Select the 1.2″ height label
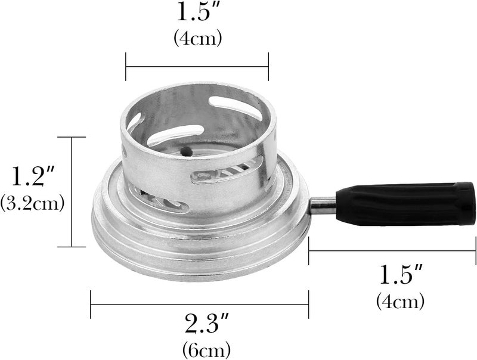(31, 176)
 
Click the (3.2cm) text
(32, 203)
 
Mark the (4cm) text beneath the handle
(400, 301)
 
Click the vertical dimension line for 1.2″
(72, 191)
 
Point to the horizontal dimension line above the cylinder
(197, 66)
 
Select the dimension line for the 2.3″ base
(199, 304)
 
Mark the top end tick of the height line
(72, 137)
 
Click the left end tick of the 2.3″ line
(91, 304)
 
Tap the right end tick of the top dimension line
(268, 66)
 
